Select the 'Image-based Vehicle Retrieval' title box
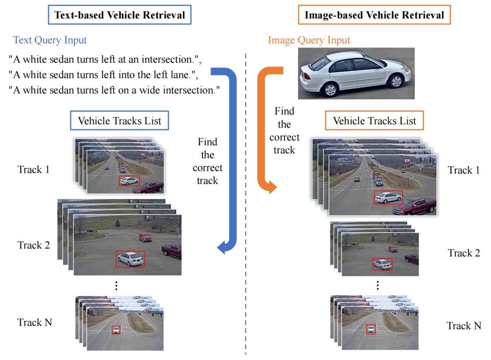point(374,16)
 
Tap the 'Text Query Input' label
point(50,40)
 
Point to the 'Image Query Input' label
point(309,40)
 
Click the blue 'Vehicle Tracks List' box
point(120,121)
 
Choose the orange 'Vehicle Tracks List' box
point(374,121)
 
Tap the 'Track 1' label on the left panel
point(34,169)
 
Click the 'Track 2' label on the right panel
point(464,253)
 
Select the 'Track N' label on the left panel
point(34,322)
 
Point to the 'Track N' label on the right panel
point(464,326)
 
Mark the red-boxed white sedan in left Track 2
point(131,259)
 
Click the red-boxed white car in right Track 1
point(388,197)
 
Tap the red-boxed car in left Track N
point(116,330)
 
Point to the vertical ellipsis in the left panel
point(117,285)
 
